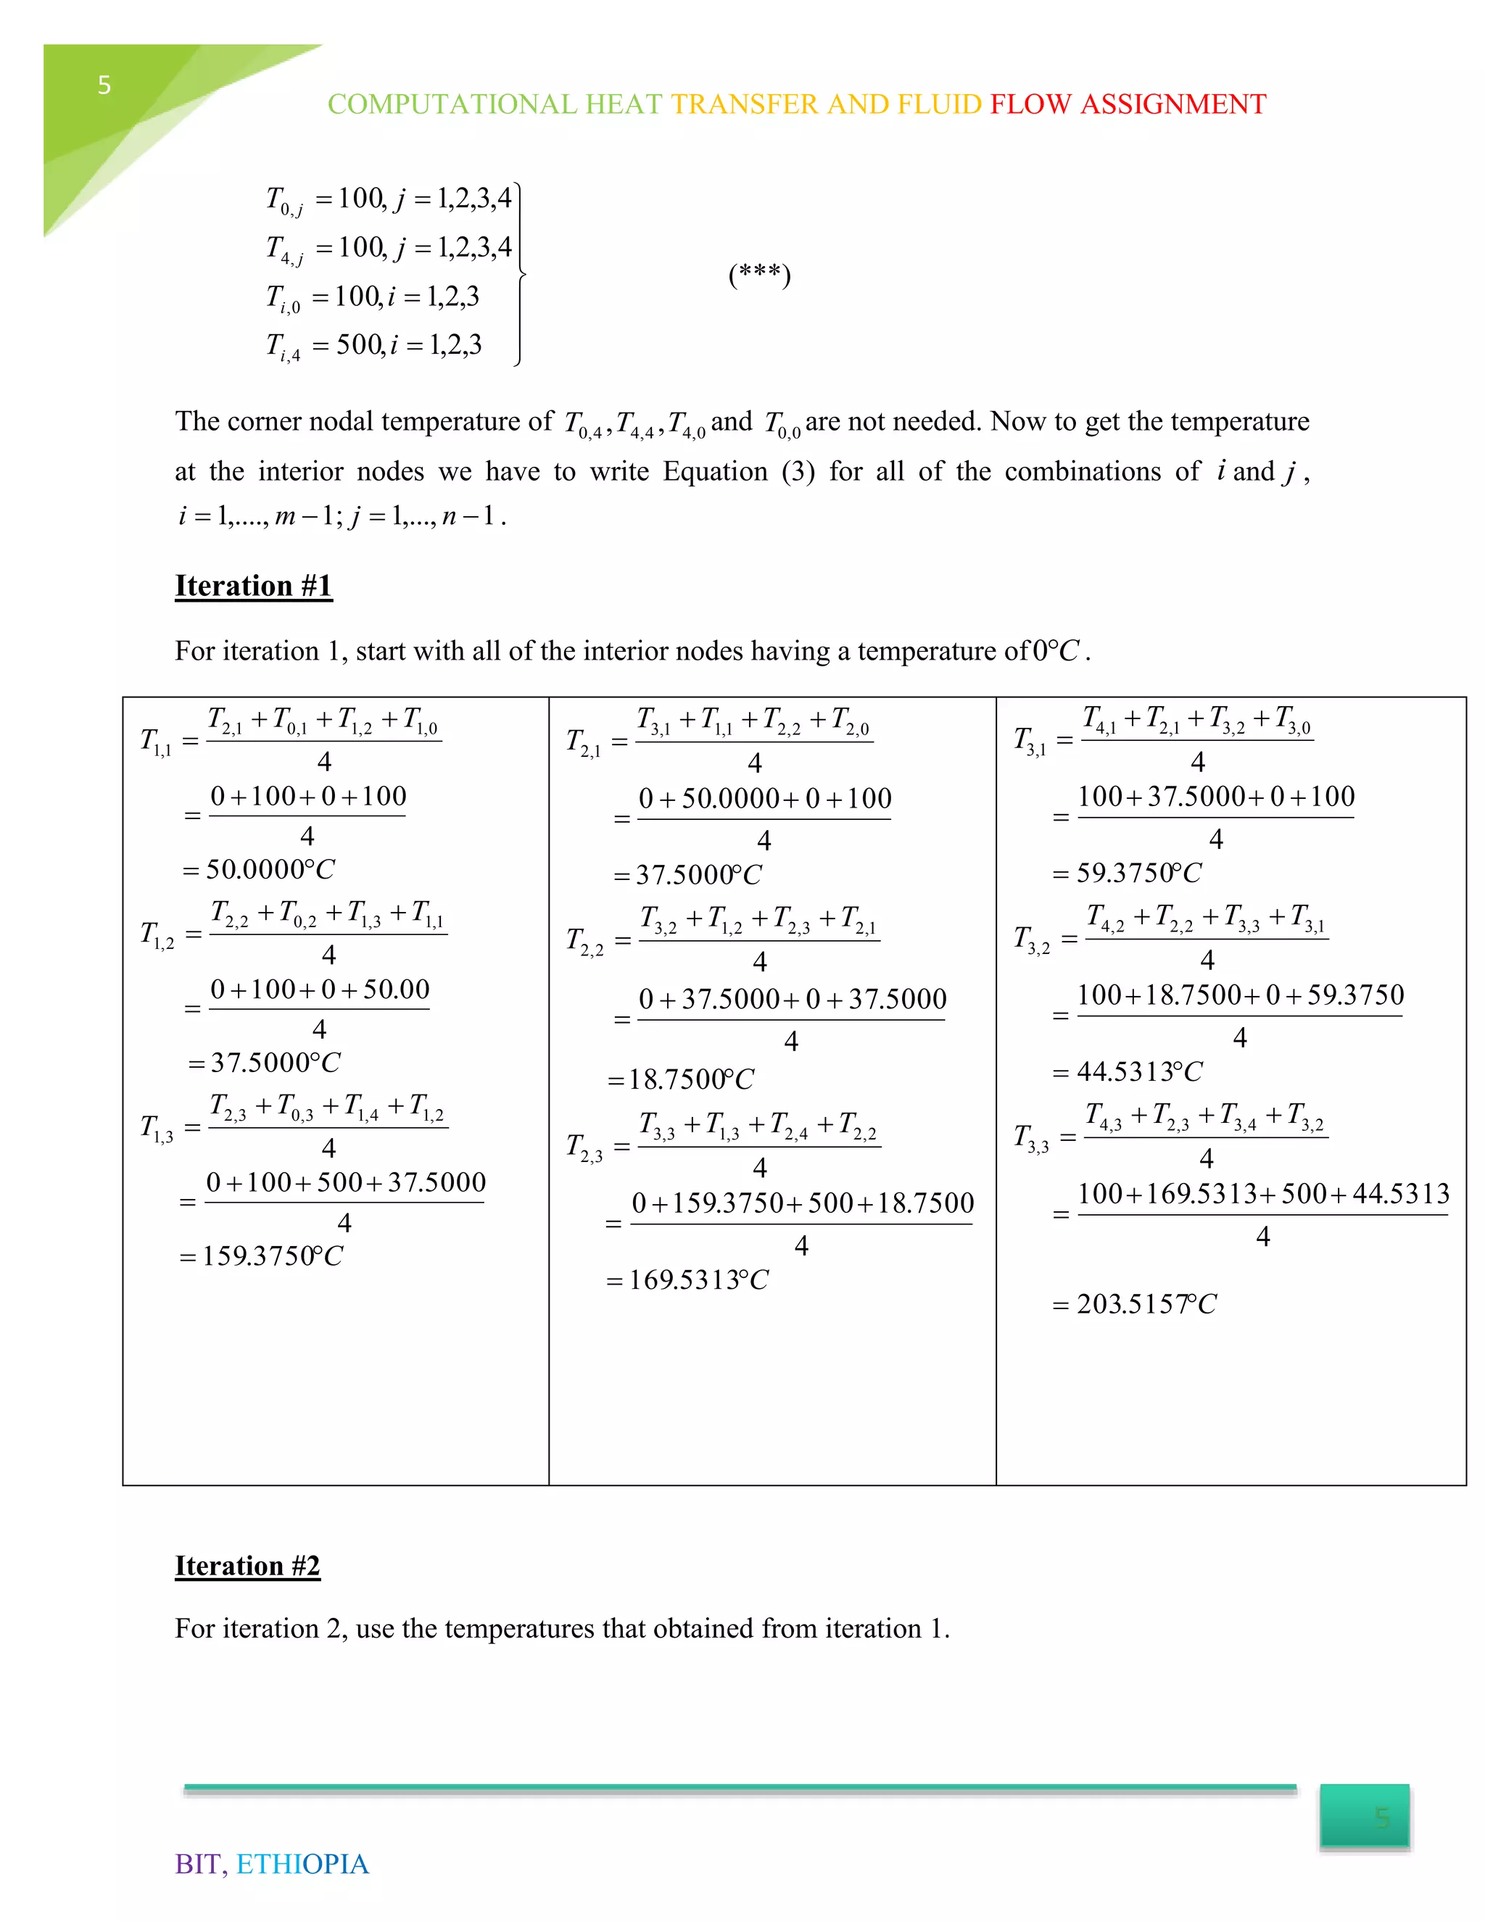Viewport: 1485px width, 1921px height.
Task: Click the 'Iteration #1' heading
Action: click(x=253, y=586)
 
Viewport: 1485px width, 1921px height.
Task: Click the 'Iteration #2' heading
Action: click(x=247, y=1566)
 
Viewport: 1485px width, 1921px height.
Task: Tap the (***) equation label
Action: click(x=759, y=275)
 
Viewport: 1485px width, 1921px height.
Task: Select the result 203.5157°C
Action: click(x=1146, y=1303)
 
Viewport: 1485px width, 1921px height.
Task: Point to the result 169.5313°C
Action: click(x=698, y=1279)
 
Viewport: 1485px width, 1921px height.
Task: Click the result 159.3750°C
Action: click(x=271, y=1256)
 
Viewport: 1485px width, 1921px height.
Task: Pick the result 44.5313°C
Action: click(x=1138, y=1071)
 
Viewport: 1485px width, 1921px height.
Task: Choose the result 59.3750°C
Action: click(x=1138, y=873)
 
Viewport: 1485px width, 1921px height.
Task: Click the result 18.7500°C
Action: click(x=690, y=1079)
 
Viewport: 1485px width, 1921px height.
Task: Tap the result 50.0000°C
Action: click(x=269, y=870)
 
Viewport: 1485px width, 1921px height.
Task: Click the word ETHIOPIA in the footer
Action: click(x=302, y=1864)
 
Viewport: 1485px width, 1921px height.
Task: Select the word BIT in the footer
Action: click(x=198, y=1864)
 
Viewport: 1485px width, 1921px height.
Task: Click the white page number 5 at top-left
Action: click(x=104, y=86)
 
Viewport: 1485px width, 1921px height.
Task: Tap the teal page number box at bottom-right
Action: click(x=1364, y=1817)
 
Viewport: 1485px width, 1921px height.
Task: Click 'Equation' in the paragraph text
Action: click(x=714, y=471)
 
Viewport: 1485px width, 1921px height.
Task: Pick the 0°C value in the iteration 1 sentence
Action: click(x=1056, y=651)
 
